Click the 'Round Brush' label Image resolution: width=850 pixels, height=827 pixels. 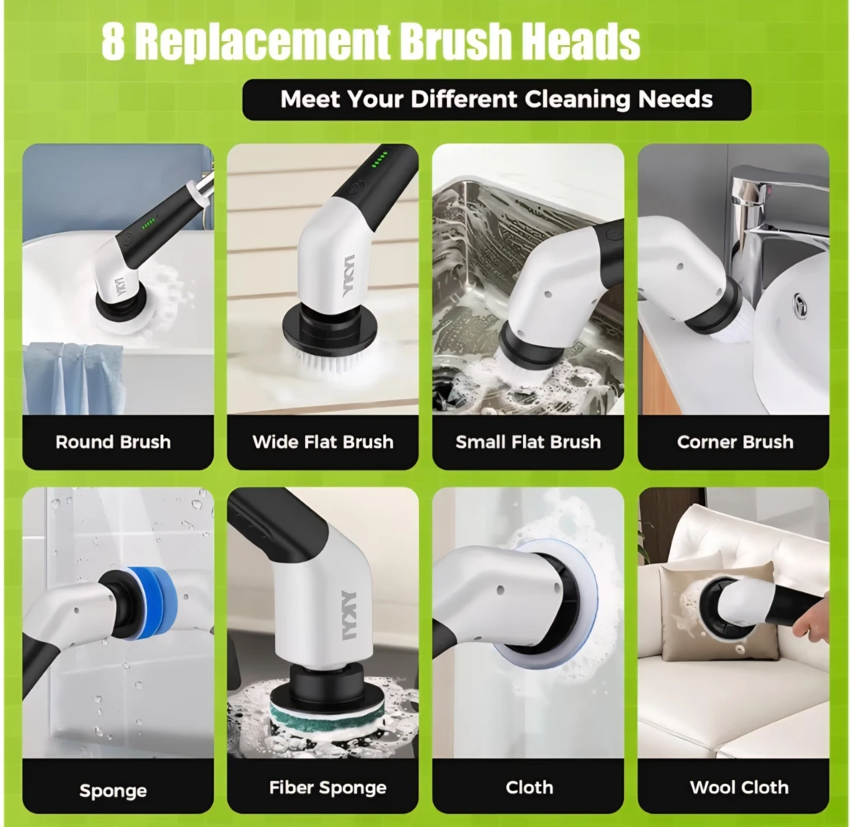[x=113, y=442]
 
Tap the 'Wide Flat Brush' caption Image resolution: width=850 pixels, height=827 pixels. [x=323, y=442]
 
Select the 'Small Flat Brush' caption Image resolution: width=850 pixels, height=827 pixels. [x=528, y=442]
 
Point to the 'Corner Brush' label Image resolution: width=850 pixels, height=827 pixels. [x=735, y=442]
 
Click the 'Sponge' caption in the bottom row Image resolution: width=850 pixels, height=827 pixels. [x=113, y=791]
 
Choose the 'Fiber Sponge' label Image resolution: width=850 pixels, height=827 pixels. [x=328, y=787]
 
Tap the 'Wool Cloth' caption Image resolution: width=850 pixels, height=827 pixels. [x=739, y=787]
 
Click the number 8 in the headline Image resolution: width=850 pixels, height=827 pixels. [x=113, y=43]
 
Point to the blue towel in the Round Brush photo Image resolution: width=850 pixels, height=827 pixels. [x=72, y=378]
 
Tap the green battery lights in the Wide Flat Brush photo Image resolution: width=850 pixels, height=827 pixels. [x=380, y=160]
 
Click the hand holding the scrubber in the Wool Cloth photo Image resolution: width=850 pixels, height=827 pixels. [x=811, y=616]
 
